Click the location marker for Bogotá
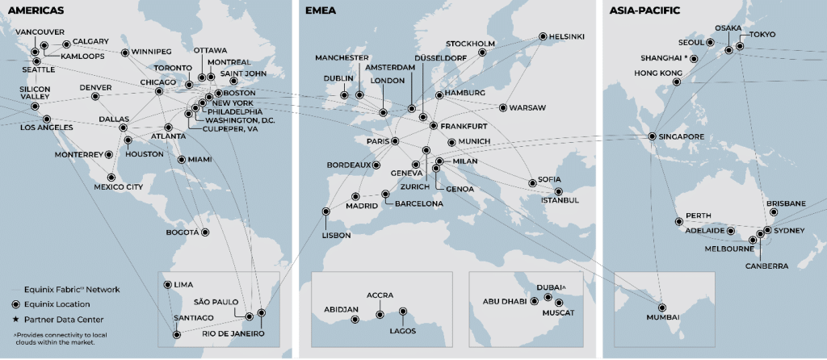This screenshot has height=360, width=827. (x=205, y=232)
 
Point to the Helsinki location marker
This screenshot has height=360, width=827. (x=542, y=36)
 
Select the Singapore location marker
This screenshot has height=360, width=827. (x=653, y=136)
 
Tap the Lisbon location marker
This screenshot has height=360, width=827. (x=326, y=214)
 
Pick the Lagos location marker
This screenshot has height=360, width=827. (x=403, y=311)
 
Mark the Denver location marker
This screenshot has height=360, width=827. (x=95, y=97)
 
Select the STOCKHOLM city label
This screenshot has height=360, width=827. (x=470, y=43)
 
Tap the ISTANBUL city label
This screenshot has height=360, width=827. (x=560, y=200)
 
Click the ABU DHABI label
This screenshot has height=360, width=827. (x=506, y=302)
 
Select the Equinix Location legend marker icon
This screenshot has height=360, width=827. (x=17, y=303)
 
